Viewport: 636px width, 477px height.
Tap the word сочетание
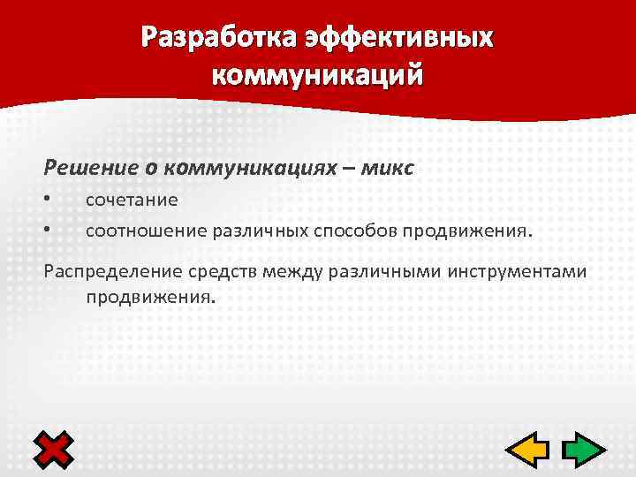132,201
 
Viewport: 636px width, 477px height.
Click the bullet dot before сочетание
48,201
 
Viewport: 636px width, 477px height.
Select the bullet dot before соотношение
48,231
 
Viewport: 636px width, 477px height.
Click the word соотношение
146,231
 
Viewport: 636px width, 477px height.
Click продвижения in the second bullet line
468,231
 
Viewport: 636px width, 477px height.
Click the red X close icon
54,451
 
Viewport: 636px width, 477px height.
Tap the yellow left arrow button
528,451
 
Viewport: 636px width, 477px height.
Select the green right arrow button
581,451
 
